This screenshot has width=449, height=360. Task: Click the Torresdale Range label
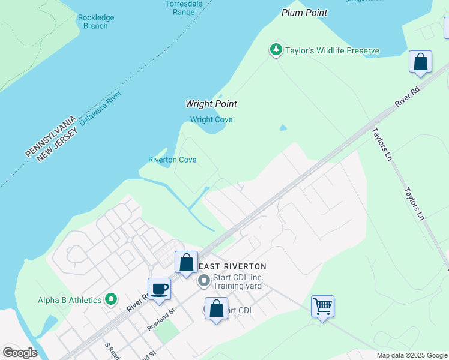point(180,8)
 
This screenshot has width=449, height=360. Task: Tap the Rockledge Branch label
point(96,22)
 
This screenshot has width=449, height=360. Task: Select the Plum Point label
point(305,13)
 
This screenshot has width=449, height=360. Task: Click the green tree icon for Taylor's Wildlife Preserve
point(276,50)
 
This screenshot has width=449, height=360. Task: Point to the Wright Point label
point(211,104)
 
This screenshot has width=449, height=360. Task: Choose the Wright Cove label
point(211,119)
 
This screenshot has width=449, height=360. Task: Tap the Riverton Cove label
point(172,160)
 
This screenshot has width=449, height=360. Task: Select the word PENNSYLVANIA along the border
point(51,136)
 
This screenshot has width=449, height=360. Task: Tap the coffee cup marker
point(160,289)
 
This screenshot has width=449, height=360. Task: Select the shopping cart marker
point(322,306)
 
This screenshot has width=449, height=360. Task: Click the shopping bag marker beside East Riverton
point(186,262)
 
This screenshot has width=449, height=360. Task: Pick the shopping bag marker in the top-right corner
point(421,62)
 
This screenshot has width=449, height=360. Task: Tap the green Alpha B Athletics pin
point(111,298)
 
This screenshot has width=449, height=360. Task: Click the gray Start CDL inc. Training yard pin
point(204,280)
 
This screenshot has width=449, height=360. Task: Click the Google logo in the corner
point(20,352)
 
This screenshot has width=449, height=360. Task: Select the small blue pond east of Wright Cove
point(283,127)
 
